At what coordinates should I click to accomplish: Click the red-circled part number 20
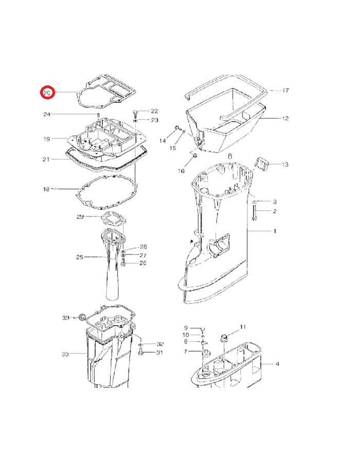[x=47, y=93]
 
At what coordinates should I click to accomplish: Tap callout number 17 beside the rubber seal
[x=285, y=91]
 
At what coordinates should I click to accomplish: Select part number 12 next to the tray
[x=285, y=119]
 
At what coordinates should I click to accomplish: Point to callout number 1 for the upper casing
[x=275, y=231]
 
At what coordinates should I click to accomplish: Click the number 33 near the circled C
[x=65, y=318]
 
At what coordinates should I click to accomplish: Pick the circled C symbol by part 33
[x=82, y=317]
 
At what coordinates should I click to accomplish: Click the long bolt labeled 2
[x=254, y=212]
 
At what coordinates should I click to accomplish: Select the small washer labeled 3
[x=254, y=202]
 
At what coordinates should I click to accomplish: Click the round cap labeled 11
[x=224, y=337]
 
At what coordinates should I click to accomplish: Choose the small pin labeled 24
[x=98, y=115]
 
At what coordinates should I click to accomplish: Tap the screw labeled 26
[x=123, y=262]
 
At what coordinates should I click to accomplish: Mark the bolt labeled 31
[x=140, y=352]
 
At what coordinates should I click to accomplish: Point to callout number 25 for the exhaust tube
[x=80, y=257]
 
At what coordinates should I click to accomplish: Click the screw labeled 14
[x=177, y=128]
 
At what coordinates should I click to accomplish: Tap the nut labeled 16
[x=195, y=155]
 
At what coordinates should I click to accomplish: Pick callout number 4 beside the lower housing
[x=277, y=364]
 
